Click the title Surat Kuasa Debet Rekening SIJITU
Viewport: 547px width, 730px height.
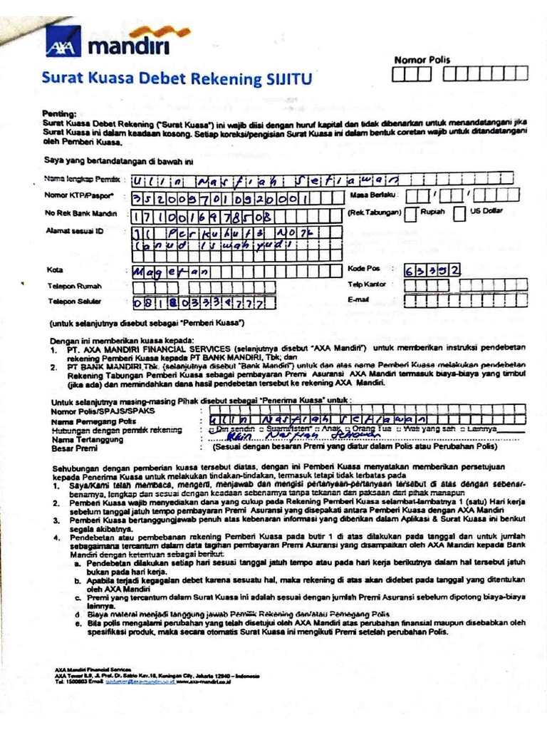(x=178, y=78)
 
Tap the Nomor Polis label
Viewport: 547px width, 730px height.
(x=422, y=60)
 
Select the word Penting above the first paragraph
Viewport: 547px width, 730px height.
(x=60, y=113)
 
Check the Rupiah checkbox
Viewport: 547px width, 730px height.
(x=412, y=213)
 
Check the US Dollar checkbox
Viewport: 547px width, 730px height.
(x=460, y=212)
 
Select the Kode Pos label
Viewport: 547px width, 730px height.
(x=363, y=269)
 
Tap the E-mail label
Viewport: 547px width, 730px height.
(x=358, y=299)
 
